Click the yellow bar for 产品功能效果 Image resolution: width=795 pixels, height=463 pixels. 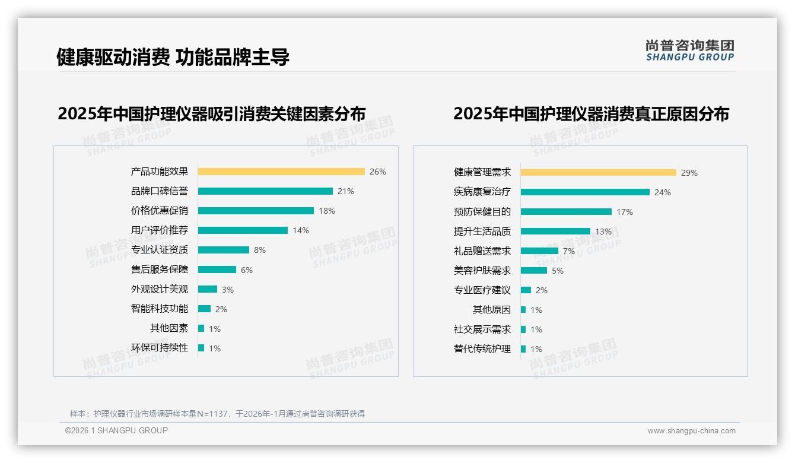click(x=281, y=172)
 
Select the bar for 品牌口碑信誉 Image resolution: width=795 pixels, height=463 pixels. click(x=265, y=191)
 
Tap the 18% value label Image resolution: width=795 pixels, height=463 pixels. click(x=327, y=211)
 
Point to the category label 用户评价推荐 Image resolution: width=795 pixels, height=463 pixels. click(x=160, y=230)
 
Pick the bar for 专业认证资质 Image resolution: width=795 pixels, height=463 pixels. click(x=224, y=250)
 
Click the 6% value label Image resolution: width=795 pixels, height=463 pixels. click(x=247, y=270)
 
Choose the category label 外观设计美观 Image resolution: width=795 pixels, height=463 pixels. click(x=160, y=289)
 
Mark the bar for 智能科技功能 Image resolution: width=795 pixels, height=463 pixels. click(x=205, y=309)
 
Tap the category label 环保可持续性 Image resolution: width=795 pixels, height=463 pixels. click(x=160, y=348)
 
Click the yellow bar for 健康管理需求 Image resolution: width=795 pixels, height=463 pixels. click(x=599, y=173)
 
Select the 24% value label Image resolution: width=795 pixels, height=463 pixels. click(x=663, y=192)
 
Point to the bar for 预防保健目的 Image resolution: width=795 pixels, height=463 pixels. click(x=566, y=212)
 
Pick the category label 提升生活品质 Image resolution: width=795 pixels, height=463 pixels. click(x=482, y=231)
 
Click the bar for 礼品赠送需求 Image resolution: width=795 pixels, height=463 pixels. click(x=539, y=251)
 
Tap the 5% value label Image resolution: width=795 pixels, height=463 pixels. click(x=558, y=271)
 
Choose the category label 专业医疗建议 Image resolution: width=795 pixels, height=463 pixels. click(x=482, y=290)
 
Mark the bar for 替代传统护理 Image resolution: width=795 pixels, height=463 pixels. click(x=523, y=349)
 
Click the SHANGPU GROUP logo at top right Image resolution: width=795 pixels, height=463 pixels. click(x=690, y=50)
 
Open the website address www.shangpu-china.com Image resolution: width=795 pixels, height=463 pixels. click(x=691, y=431)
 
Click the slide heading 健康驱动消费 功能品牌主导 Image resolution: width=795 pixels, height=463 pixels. click(x=173, y=58)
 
